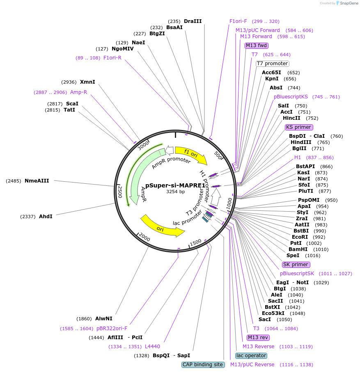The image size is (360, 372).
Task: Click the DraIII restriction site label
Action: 193,21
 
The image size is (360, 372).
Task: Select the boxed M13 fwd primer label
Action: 257,46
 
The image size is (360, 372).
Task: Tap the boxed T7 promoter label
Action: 272,64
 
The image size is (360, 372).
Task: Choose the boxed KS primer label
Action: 298,127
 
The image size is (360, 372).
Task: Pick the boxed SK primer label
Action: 296,265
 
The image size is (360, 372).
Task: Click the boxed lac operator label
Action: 251,356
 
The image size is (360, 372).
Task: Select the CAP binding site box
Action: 203,365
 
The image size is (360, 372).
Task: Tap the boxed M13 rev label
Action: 258,338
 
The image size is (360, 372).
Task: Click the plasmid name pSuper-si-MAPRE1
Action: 175,185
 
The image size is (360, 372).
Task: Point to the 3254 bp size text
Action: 175,192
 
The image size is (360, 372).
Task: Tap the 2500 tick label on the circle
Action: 120,192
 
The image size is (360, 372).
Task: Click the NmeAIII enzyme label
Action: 37,180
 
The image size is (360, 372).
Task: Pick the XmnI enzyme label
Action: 87,82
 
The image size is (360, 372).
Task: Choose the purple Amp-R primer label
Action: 78,92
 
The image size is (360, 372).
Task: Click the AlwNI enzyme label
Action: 103,318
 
